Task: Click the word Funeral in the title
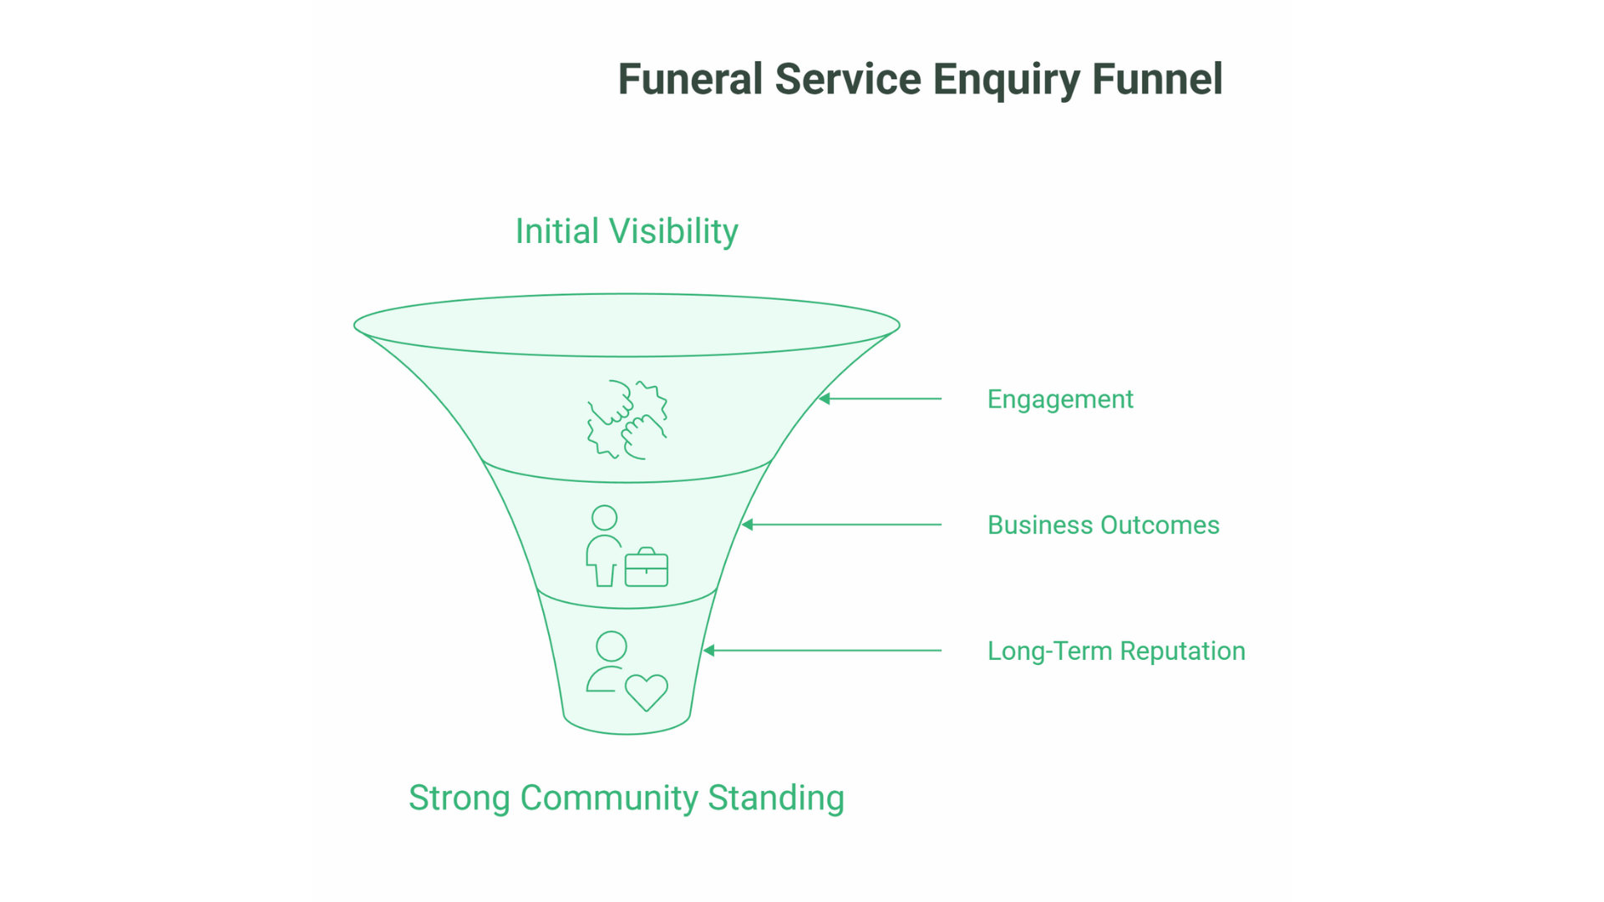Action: pyautogui.click(x=690, y=79)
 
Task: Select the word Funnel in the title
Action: pyautogui.click(x=1157, y=79)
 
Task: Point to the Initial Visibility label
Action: pyautogui.click(x=627, y=231)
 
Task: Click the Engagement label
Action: pyautogui.click(x=1060, y=399)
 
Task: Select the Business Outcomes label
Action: pyautogui.click(x=1103, y=525)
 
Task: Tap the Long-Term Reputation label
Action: pyautogui.click(x=1116, y=651)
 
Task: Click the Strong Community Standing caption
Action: pyautogui.click(x=627, y=798)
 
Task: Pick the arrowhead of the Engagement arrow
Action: pyautogui.click(x=825, y=399)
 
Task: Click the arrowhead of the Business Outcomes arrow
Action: pyautogui.click(x=748, y=524)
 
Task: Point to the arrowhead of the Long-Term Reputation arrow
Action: pyautogui.click(x=709, y=651)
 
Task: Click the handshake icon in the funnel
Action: pyautogui.click(x=627, y=419)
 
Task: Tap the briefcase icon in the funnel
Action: pyautogui.click(x=647, y=568)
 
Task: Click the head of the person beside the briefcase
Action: pyautogui.click(x=604, y=518)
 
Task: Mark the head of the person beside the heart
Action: pyautogui.click(x=612, y=646)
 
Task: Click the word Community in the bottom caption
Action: pyautogui.click(x=609, y=798)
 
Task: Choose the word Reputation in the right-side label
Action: pyautogui.click(x=1182, y=651)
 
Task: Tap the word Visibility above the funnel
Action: pyautogui.click(x=673, y=231)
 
